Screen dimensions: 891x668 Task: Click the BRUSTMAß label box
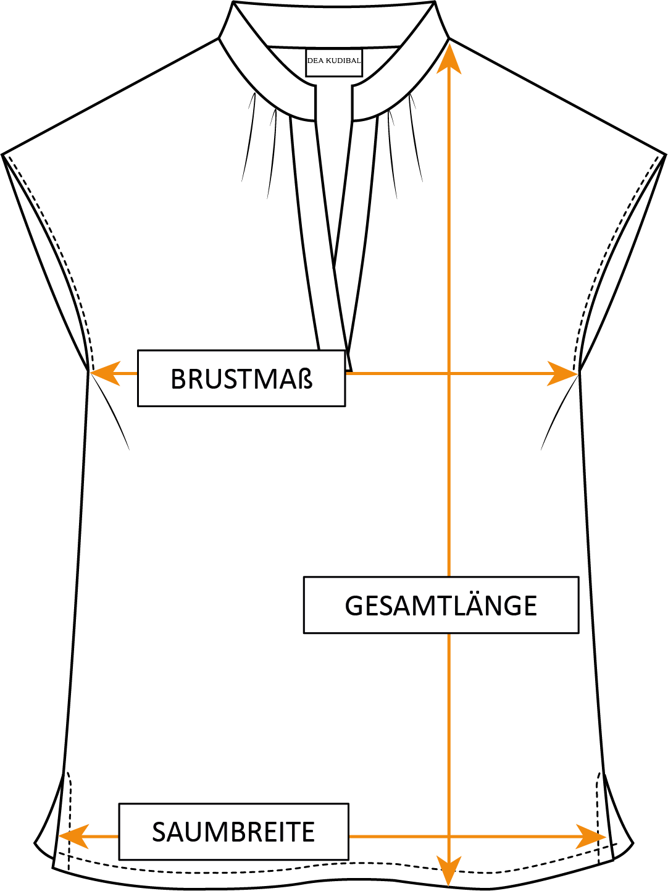241,378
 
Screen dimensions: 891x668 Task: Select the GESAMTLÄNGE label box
441,605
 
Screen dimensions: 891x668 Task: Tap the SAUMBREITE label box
233,832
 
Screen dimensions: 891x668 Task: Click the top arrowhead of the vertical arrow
449,59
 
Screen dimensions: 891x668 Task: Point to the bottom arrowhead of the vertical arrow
449,871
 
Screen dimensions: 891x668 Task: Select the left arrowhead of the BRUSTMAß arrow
105,373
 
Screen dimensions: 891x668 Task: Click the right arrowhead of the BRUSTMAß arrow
562,373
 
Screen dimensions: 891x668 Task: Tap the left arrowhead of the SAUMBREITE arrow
73,837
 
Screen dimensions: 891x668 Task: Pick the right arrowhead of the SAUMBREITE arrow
591,837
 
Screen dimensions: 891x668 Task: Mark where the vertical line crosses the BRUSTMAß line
449,373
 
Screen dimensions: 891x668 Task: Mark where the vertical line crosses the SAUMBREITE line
449,837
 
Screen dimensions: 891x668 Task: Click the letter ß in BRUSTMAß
305,379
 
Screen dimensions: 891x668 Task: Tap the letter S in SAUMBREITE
159,832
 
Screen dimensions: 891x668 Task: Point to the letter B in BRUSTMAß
178,379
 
